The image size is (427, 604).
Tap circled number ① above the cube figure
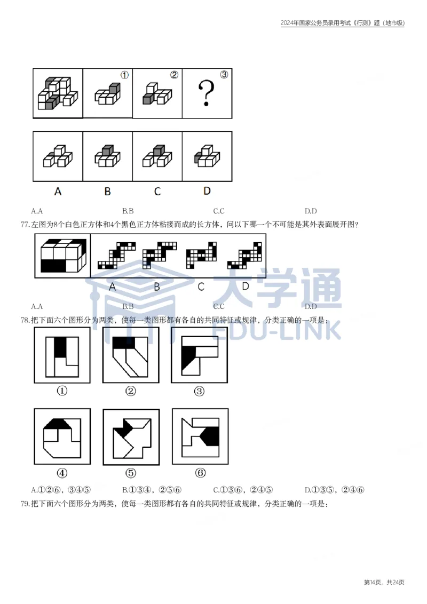pos(124,75)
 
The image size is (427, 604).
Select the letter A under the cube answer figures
pos(58,191)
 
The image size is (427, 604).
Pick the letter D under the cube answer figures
pos(207,190)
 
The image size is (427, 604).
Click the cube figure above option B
pos(107,155)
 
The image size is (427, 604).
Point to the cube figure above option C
pos(157,155)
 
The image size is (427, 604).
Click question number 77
pos(25,224)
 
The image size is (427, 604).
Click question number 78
pos(25,320)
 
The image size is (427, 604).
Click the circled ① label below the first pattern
pos(62,391)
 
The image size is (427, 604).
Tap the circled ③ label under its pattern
pos(199,391)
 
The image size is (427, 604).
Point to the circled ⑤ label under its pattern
pos(131,473)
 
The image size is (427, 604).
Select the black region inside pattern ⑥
pos(212,435)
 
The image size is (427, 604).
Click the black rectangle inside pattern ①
pos(61,347)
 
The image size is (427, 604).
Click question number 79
pos(25,503)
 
